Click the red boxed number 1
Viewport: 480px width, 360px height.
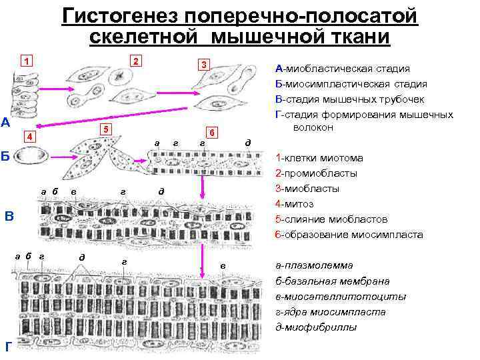[x=26, y=62]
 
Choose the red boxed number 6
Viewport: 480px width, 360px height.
[x=210, y=132]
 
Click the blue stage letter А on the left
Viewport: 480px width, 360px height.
[x=5, y=123]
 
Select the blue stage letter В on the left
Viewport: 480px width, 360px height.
[x=9, y=216]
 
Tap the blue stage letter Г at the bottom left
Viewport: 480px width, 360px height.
[x=7, y=347]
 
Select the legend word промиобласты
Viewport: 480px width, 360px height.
[x=322, y=173]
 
